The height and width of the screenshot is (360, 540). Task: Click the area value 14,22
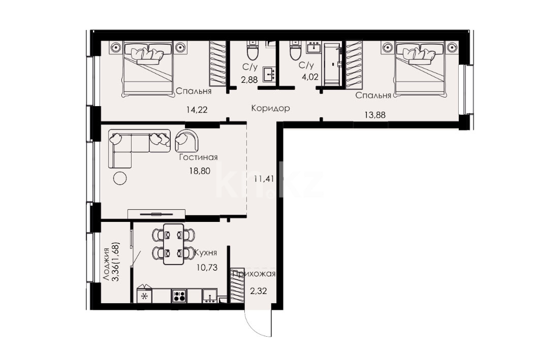click(197, 110)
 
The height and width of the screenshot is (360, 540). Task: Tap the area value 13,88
click(375, 115)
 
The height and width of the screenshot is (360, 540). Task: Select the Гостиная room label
click(198, 157)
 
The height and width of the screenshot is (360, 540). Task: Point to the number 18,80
click(200, 171)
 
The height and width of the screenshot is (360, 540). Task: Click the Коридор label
click(270, 109)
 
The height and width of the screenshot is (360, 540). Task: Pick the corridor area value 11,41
click(264, 179)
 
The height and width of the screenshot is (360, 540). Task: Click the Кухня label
click(206, 253)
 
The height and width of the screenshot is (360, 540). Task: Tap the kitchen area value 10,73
click(207, 268)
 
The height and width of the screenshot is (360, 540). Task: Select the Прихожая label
click(254, 274)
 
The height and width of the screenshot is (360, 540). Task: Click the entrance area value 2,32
click(258, 291)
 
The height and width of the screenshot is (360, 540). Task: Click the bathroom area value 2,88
click(249, 80)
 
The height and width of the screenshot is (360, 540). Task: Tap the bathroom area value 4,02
click(310, 77)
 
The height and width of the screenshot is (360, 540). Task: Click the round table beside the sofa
click(119, 178)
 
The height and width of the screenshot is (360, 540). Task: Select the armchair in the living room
click(186, 141)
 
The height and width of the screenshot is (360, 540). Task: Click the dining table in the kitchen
click(174, 244)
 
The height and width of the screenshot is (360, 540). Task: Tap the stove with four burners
click(179, 296)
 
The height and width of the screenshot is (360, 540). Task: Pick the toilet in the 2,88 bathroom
click(252, 50)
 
